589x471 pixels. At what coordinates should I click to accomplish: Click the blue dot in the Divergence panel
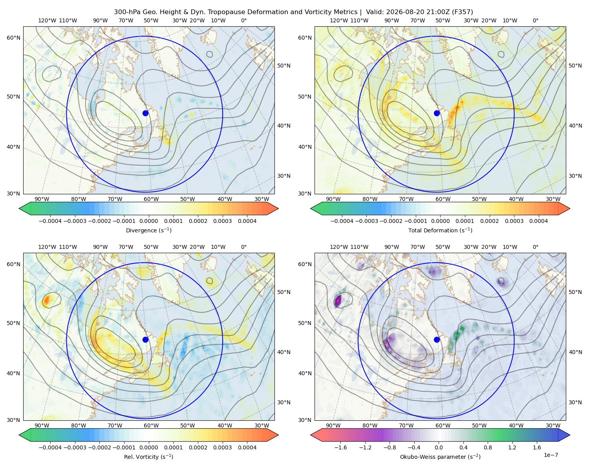click(145, 113)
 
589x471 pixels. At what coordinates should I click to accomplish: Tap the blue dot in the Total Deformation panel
click(437, 113)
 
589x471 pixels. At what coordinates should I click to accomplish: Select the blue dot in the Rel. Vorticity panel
click(145, 340)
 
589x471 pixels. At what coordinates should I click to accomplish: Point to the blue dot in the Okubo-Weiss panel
click(437, 340)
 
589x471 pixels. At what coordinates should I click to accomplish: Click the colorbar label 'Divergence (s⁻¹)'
click(148, 230)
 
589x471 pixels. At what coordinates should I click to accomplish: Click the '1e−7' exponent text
click(551, 455)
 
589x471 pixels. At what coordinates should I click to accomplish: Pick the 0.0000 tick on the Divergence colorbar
click(148, 221)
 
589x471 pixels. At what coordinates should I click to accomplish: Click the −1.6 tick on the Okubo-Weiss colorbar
click(340, 447)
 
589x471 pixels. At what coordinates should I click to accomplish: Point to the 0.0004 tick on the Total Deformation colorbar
click(538, 221)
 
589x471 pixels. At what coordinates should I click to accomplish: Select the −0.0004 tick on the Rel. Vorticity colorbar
click(50, 447)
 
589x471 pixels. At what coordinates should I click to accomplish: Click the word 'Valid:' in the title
click(374, 12)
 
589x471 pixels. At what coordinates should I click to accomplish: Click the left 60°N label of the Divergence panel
click(13, 38)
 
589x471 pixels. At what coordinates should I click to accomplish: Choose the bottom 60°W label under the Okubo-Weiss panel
click(443, 425)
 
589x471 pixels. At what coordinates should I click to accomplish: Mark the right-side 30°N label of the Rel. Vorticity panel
click(284, 402)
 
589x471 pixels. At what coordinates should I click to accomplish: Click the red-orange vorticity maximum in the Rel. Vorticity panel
click(46, 300)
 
